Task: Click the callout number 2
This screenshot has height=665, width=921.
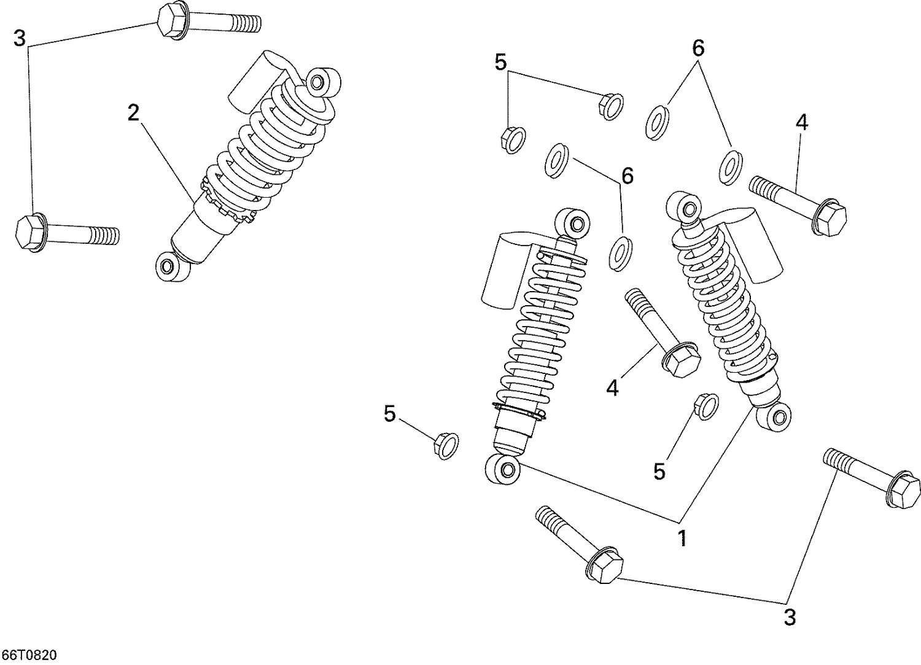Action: pos(133,113)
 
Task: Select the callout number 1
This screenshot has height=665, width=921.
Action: pos(682,539)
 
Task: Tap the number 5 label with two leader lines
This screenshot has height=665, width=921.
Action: pos(500,62)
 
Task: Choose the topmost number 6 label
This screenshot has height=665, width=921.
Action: pos(698,48)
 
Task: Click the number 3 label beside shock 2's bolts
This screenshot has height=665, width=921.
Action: pos(20,39)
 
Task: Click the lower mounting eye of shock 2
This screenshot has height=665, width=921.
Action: pos(166,266)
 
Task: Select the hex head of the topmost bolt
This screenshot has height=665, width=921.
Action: pos(173,21)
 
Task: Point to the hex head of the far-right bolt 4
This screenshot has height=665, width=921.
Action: pos(831,217)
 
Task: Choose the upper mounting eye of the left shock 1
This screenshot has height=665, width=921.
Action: pos(575,221)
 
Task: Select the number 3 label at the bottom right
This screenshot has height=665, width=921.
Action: pos(790,617)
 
